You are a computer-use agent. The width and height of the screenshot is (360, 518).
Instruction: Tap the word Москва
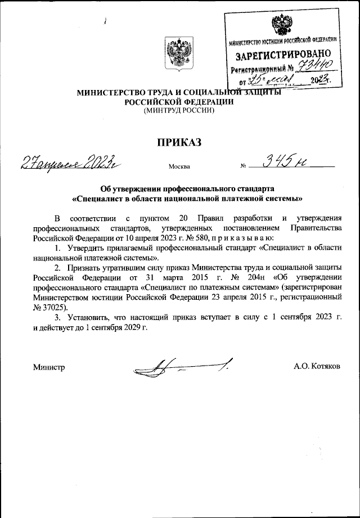(179, 167)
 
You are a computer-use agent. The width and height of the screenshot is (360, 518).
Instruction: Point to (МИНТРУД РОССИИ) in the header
(179, 110)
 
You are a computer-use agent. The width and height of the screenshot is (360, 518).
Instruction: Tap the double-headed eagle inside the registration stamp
(281, 25)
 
